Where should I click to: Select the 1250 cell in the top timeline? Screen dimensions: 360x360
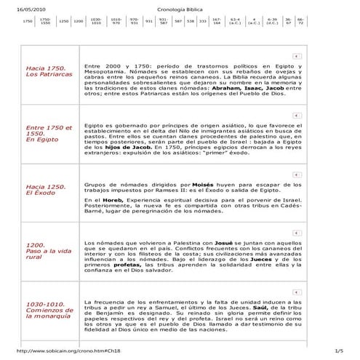63,22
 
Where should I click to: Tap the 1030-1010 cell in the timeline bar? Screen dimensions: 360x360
97,22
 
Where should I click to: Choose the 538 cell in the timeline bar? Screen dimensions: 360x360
190,22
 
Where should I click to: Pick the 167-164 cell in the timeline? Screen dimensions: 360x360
217,22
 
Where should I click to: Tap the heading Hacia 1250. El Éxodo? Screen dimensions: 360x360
44,191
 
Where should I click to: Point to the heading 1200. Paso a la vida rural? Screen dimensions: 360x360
47,252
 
